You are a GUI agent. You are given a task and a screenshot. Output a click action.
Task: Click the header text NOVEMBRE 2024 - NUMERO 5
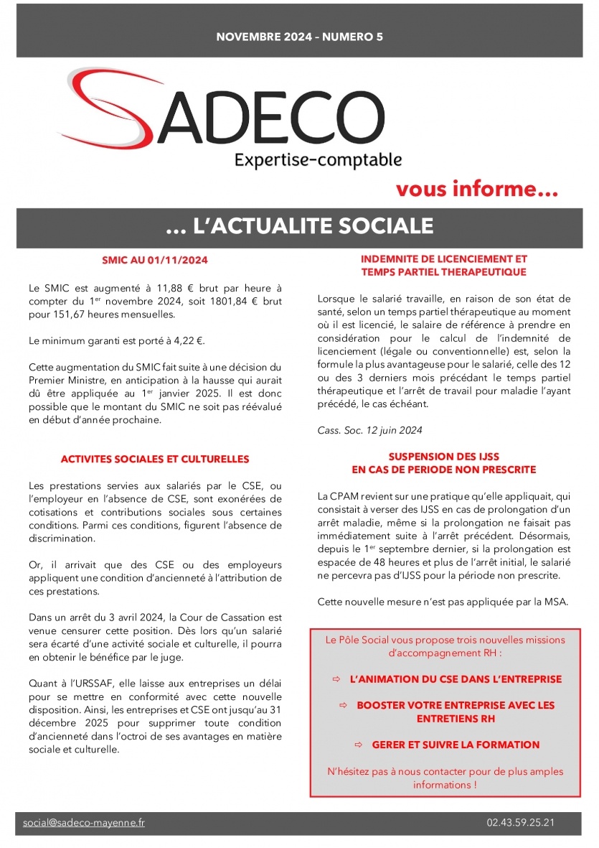(299, 36)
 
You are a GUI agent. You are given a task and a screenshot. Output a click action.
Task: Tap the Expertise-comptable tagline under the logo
(318, 159)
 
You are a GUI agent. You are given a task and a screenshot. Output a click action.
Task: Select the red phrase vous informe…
(477, 190)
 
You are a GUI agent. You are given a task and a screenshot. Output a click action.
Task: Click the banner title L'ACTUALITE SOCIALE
(299, 226)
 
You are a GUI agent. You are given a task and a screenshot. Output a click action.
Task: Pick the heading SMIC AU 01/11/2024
(155, 260)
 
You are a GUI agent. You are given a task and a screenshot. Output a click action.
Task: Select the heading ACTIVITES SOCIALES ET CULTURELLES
(155, 459)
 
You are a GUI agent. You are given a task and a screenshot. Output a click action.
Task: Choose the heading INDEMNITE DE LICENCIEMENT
(444, 259)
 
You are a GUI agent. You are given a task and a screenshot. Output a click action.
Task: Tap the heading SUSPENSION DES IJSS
(444, 457)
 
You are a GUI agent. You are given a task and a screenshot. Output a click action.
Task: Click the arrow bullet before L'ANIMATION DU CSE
(336, 679)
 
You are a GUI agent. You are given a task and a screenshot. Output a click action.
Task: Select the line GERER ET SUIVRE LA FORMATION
(456, 745)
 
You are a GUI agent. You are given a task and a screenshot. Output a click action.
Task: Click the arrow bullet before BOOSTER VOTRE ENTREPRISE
(343, 705)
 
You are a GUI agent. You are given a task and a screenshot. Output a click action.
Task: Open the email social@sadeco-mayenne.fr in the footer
(83, 823)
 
